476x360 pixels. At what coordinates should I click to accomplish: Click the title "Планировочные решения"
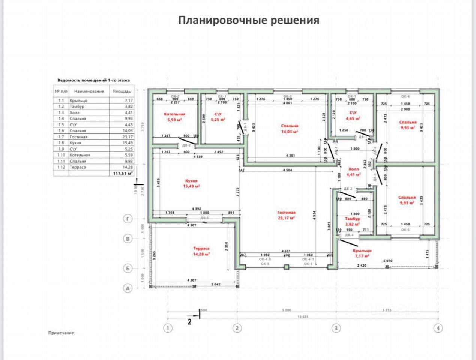click(249, 20)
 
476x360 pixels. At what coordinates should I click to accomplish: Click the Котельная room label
click(174, 114)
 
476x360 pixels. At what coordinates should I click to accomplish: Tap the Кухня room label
click(191, 181)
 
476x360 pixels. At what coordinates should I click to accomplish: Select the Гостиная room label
click(286, 213)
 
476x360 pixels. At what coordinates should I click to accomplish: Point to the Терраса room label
click(201, 248)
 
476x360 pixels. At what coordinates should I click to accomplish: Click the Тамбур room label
click(352, 219)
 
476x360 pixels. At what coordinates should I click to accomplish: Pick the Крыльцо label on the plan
click(362, 250)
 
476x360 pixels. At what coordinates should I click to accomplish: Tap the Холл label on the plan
click(353, 169)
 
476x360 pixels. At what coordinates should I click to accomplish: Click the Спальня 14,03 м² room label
click(290, 126)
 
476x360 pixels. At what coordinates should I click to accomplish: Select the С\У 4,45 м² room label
click(353, 112)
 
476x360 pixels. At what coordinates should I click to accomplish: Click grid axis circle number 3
click(336, 328)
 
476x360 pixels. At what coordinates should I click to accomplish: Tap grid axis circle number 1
click(168, 328)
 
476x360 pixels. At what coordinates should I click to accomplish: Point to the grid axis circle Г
click(128, 219)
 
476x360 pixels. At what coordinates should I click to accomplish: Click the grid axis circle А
click(128, 288)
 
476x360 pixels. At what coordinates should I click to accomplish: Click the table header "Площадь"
click(122, 91)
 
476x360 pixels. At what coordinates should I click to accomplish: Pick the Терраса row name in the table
click(77, 167)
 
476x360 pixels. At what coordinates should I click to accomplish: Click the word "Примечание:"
click(62, 333)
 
